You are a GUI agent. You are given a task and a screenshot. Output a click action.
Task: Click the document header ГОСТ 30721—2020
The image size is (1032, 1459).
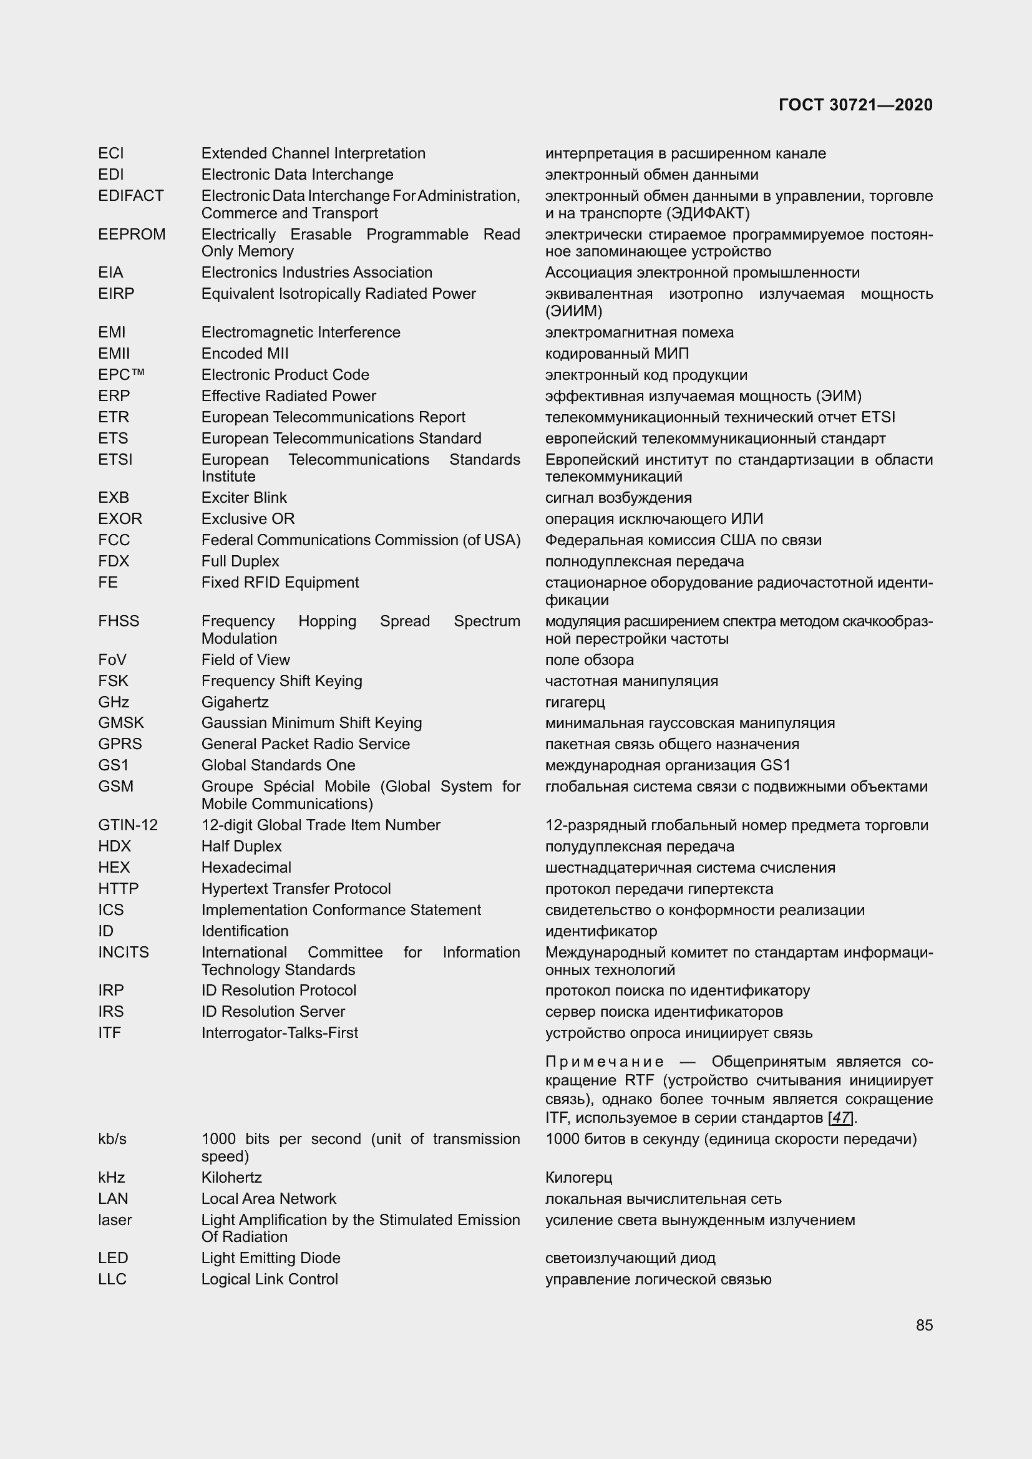coord(855,105)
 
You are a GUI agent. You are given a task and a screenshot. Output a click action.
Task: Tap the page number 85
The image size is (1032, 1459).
coord(924,1325)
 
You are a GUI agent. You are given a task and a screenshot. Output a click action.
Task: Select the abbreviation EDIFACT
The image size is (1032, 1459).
coord(131,196)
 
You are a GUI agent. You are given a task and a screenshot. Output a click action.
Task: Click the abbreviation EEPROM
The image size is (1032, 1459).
coord(132,235)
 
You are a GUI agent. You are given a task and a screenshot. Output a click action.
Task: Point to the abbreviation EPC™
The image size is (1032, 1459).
coord(122,375)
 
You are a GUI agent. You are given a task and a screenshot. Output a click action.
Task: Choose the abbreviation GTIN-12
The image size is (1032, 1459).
coord(128,825)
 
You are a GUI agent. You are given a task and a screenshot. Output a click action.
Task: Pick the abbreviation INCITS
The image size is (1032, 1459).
coord(124,952)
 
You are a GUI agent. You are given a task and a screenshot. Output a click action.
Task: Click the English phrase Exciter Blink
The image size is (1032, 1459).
coord(244,498)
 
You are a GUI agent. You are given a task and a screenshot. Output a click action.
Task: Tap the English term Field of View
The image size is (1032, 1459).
coord(245,659)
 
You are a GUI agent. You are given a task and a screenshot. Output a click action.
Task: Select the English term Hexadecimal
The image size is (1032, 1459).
coord(246,868)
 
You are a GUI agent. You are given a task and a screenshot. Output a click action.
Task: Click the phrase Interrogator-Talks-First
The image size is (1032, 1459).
coord(280,1032)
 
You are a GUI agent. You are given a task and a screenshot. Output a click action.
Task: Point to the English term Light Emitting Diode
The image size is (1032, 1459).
coord(271,1258)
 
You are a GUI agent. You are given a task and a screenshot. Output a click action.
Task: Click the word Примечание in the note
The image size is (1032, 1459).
coord(605,1062)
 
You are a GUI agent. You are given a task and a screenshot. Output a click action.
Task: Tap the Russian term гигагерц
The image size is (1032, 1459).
coord(575,702)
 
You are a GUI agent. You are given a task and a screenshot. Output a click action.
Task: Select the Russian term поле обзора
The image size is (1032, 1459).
coord(589,659)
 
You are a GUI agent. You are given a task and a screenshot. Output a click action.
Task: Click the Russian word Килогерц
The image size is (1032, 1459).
coord(578,1178)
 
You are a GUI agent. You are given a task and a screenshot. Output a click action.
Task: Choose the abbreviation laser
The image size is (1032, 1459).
coord(115,1219)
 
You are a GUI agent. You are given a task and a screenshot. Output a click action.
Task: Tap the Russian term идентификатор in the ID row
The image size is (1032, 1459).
coord(600,931)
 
